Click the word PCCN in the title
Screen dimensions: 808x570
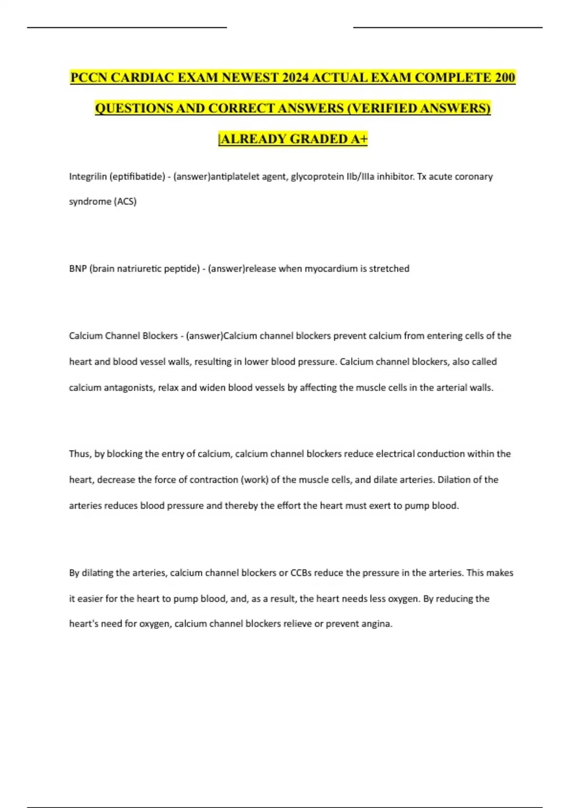click(x=88, y=77)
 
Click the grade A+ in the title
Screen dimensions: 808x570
click(x=359, y=139)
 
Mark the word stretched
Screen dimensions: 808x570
click(x=389, y=269)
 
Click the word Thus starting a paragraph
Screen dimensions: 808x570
click(x=80, y=454)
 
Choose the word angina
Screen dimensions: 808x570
click(x=378, y=624)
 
